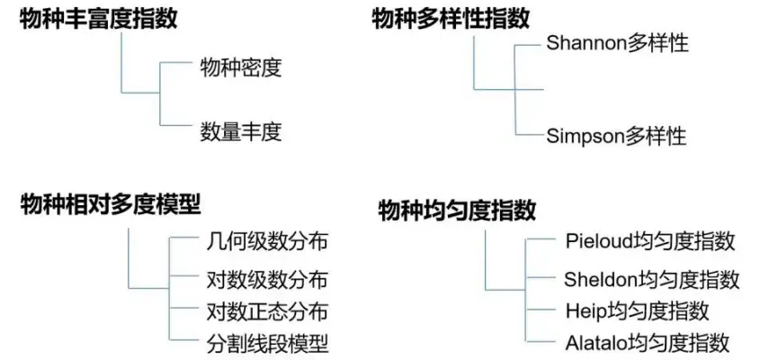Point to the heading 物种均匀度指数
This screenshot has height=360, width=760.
457,211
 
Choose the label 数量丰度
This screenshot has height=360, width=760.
240,132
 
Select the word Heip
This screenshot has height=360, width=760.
584,310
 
